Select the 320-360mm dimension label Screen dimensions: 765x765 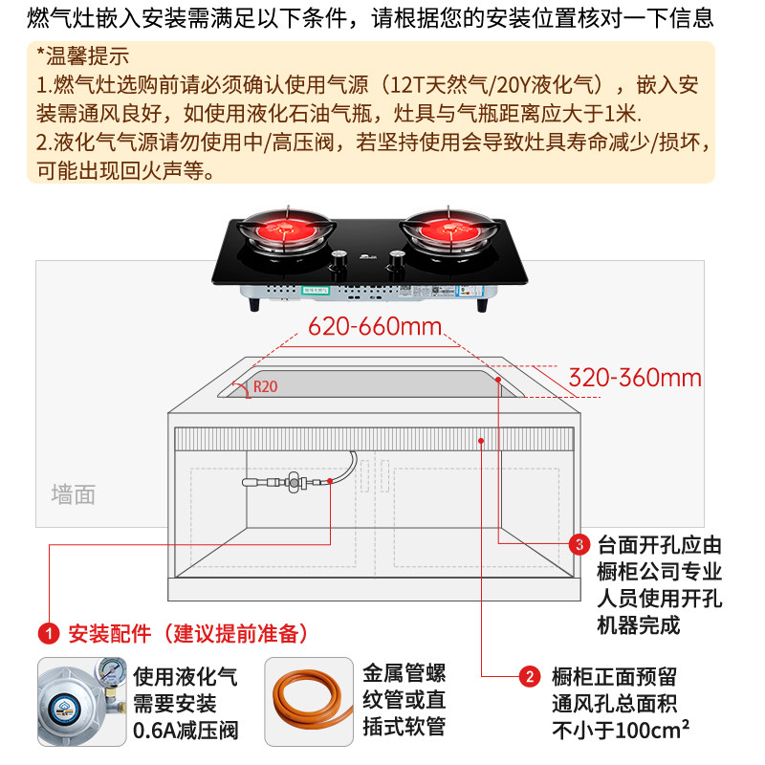pos(635,377)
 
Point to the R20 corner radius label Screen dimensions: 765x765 pos(265,388)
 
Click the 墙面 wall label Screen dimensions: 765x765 pos(74,494)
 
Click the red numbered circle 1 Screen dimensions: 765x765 pos(47,633)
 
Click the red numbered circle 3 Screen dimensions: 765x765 pos(579,545)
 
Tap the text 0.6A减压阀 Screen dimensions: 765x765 pos(186,732)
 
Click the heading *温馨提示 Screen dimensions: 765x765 pos(82,55)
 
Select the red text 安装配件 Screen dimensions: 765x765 pos(109,633)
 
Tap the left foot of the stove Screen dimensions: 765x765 pos(253,304)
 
